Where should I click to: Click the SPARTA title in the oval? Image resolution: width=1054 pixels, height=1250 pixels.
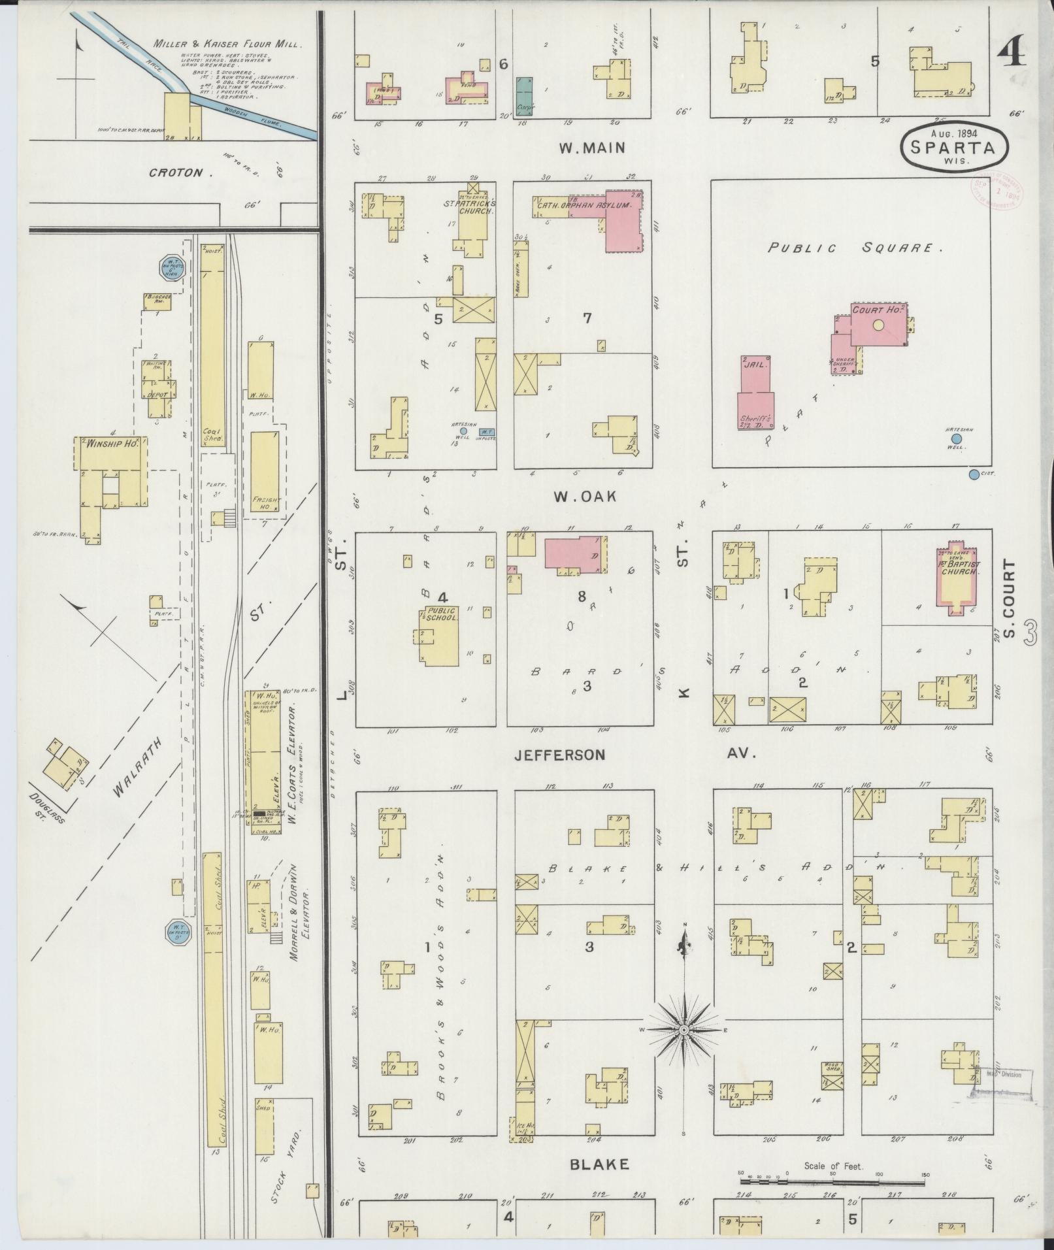click(955, 148)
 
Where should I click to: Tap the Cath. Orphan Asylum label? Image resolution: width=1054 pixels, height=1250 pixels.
click(584, 205)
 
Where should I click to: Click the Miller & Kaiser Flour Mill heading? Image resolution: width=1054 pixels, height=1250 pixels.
click(227, 44)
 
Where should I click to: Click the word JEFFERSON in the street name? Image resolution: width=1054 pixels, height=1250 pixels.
click(559, 755)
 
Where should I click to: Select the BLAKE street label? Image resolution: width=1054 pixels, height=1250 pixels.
click(599, 1164)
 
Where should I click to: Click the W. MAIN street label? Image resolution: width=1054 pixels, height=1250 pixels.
click(592, 148)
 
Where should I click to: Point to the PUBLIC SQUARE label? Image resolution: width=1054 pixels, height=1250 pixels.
click(855, 248)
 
